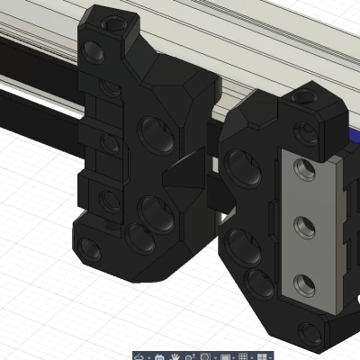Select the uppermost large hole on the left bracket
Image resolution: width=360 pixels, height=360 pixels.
154,136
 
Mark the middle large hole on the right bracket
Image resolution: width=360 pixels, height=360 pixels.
240,243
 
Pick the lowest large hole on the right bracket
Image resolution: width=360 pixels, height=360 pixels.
261,283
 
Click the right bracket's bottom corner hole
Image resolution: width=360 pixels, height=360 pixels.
311,332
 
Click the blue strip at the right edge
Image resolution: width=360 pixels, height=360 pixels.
354,144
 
